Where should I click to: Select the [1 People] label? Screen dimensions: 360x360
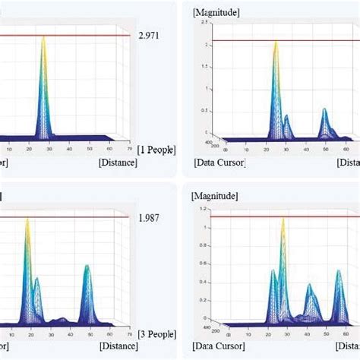tap(156, 150)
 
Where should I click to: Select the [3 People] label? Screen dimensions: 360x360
tap(156, 333)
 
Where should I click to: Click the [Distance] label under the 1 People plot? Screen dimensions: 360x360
tap(117, 162)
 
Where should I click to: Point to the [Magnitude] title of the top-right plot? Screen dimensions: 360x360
tap(217, 11)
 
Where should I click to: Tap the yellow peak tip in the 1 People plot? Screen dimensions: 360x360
tap(44, 38)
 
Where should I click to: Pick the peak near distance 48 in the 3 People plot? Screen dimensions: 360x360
tap(87, 267)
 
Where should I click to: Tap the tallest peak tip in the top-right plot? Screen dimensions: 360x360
tap(276, 43)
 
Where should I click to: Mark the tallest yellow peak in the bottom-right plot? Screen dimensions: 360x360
tap(283, 220)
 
